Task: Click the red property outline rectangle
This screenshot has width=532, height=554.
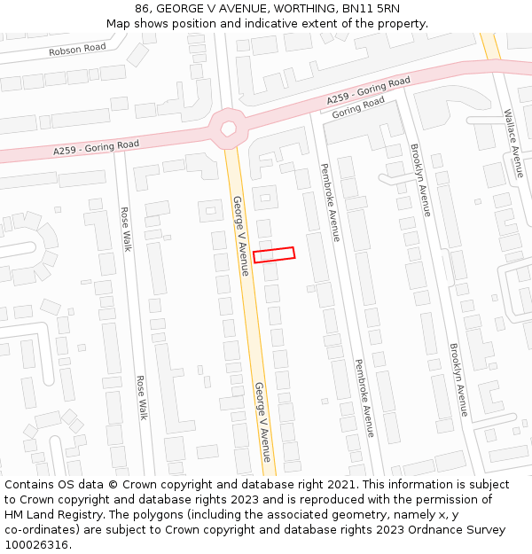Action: point(273,254)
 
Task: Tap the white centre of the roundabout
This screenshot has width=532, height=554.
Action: point(229,129)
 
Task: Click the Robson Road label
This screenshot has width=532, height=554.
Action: point(77,48)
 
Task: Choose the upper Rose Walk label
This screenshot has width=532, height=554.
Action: point(125,229)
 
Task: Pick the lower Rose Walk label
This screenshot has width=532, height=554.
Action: point(141,396)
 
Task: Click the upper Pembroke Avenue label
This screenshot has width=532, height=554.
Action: point(329,202)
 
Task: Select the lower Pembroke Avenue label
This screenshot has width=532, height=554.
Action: point(364,398)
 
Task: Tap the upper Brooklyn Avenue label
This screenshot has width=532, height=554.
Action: point(420,180)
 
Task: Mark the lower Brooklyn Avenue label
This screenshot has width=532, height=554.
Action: point(458,379)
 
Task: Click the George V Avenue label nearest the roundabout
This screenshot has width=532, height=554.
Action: point(239,235)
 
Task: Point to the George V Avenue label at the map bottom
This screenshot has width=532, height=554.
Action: point(262,422)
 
